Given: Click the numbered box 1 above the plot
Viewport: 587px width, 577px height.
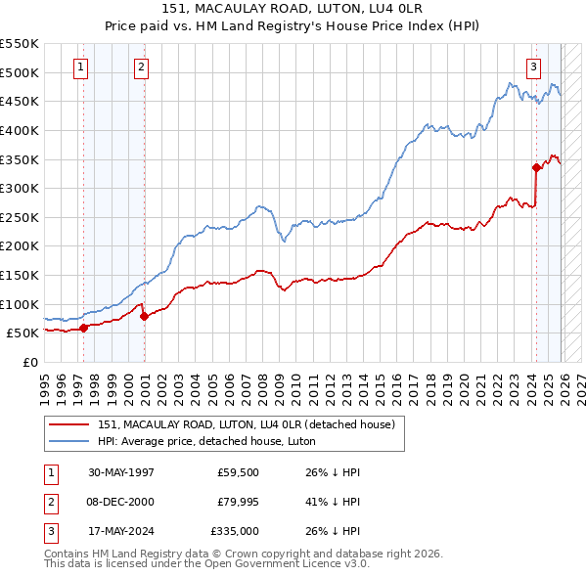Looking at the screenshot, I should pos(79,67).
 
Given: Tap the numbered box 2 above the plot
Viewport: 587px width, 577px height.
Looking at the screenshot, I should pos(141,67).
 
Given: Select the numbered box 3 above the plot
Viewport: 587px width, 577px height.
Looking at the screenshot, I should pos(533,67).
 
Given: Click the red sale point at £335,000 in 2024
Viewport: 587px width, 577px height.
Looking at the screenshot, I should pos(537,167).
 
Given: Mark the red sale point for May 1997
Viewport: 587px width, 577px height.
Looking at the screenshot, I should pos(84,328).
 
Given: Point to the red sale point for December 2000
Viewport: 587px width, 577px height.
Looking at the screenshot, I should pos(145,316).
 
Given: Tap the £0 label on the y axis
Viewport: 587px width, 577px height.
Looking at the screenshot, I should pos(29,362).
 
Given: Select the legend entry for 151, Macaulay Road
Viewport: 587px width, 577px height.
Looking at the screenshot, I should pos(245,424).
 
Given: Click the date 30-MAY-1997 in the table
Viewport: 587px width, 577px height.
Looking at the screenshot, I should pos(121,471).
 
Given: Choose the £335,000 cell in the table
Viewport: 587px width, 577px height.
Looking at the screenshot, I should pos(234,531).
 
